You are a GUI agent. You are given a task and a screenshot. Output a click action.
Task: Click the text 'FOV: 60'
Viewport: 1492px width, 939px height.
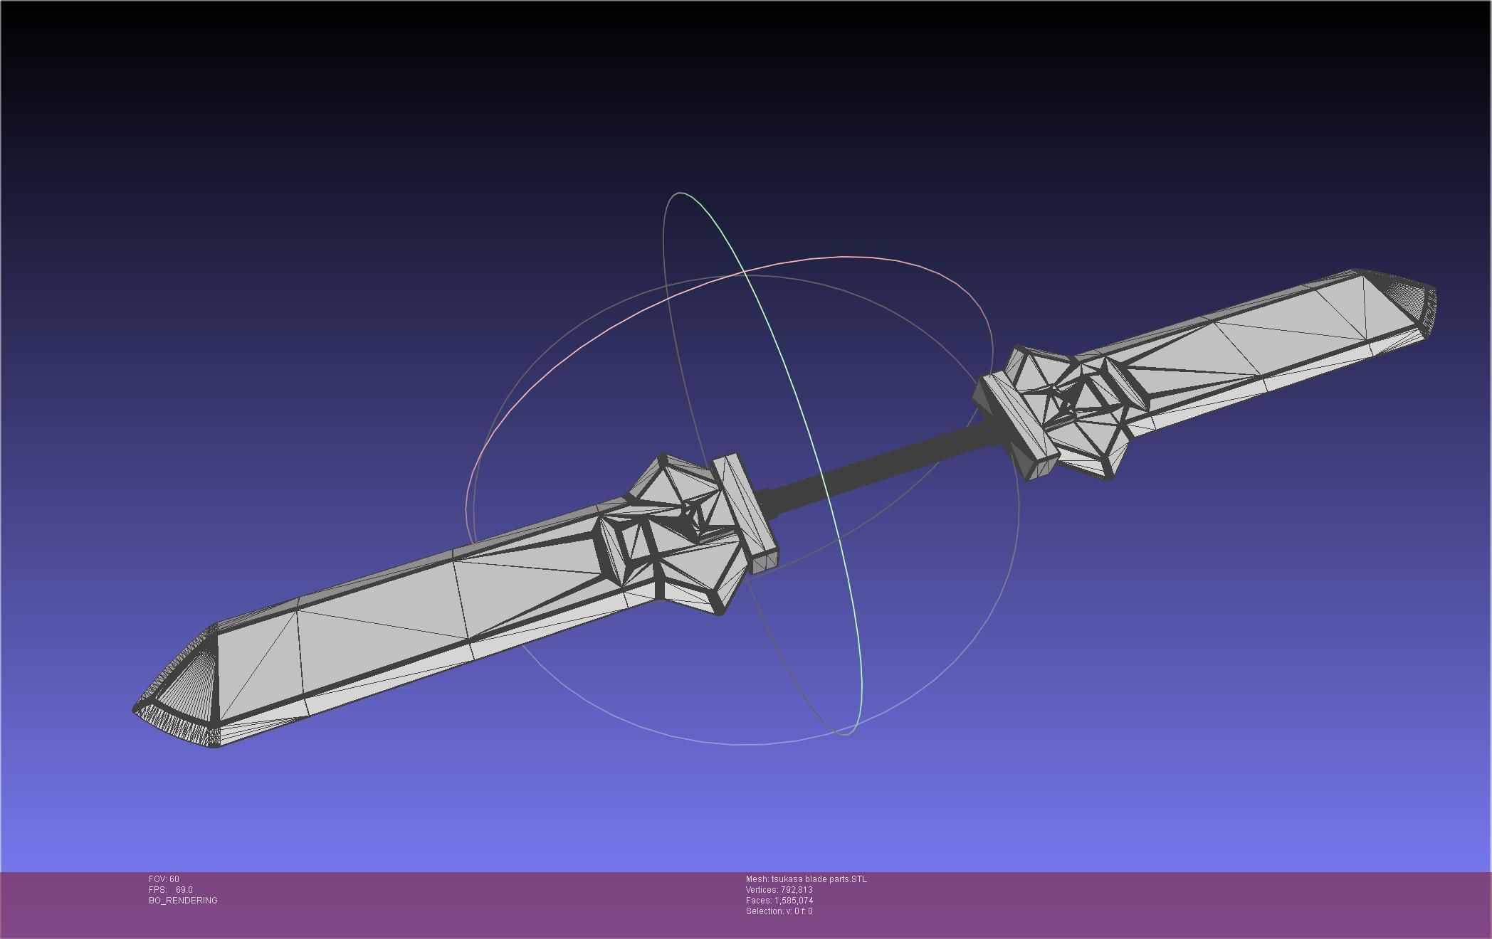(x=164, y=879)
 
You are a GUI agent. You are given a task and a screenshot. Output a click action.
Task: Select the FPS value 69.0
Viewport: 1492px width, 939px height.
(x=184, y=890)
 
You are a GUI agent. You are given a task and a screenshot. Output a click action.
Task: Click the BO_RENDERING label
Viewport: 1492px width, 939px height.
(x=183, y=901)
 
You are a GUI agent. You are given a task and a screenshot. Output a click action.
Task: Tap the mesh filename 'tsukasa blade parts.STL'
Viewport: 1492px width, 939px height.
(x=819, y=879)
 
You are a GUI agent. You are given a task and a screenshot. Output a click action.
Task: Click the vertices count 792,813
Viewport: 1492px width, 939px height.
(x=796, y=890)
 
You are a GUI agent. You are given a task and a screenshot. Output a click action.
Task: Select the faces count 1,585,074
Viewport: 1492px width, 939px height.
(x=794, y=901)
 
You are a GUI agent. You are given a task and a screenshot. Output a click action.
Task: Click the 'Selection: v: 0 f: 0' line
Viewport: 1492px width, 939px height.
(x=779, y=911)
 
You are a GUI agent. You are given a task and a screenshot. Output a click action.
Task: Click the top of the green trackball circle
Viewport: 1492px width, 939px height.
(x=680, y=193)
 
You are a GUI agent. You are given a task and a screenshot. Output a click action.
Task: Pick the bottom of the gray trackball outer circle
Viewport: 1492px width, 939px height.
(x=740, y=744)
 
